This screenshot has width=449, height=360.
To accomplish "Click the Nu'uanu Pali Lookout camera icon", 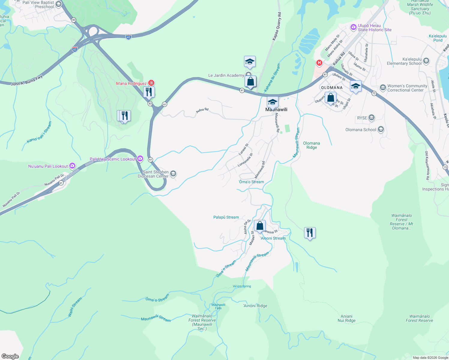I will [x=72, y=166].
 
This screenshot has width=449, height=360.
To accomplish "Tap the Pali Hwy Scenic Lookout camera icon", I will [x=140, y=159].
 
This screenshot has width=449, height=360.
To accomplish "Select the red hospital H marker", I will [x=319, y=63].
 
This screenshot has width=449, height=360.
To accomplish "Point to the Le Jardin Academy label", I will [x=226, y=75].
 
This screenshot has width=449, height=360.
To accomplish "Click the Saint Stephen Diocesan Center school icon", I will [x=173, y=174].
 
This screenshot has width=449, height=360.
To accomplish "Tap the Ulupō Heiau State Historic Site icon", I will [x=353, y=28].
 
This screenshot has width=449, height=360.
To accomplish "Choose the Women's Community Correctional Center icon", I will [x=383, y=88].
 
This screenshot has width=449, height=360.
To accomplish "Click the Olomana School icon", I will [x=381, y=130].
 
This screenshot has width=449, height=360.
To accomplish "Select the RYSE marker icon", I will [x=372, y=118].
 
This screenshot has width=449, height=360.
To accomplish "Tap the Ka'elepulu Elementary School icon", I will [x=426, y=61].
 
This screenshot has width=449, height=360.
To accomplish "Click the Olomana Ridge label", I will [x=312, y=145].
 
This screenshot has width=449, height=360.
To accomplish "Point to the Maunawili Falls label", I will [x=218, y=306].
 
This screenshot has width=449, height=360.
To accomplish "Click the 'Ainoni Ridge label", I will [x=255, y=306].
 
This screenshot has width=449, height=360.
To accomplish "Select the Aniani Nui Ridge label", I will [x=346, y=318].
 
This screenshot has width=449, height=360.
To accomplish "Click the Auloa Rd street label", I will [x=202, y=110].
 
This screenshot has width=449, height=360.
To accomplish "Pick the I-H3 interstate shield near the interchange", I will [x=128, y=37].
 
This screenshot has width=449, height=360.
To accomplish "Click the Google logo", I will [x=10, y=356].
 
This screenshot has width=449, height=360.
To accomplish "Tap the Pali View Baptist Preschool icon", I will [x=59, y=4].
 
